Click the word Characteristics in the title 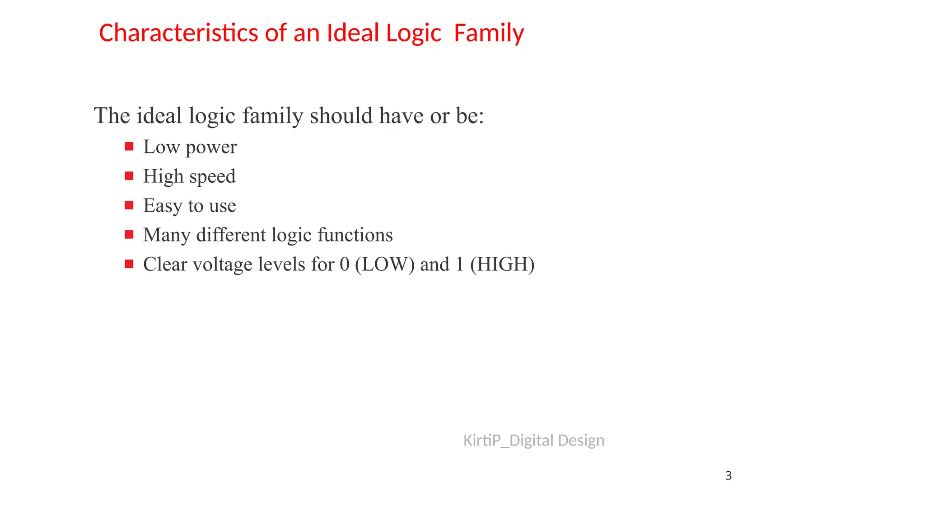click(179, 33)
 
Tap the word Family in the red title click(489, 33)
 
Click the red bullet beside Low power click(129, 147)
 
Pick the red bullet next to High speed click(129, 176)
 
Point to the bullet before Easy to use click(129, 205)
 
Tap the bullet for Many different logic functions click(129, 235)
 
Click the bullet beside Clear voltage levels click(129, 264)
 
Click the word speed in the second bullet click(212, 177)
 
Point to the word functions click(355, 235)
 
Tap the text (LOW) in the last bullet click(385, 265)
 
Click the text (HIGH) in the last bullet click(502, 265)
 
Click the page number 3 click(728, 476)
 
